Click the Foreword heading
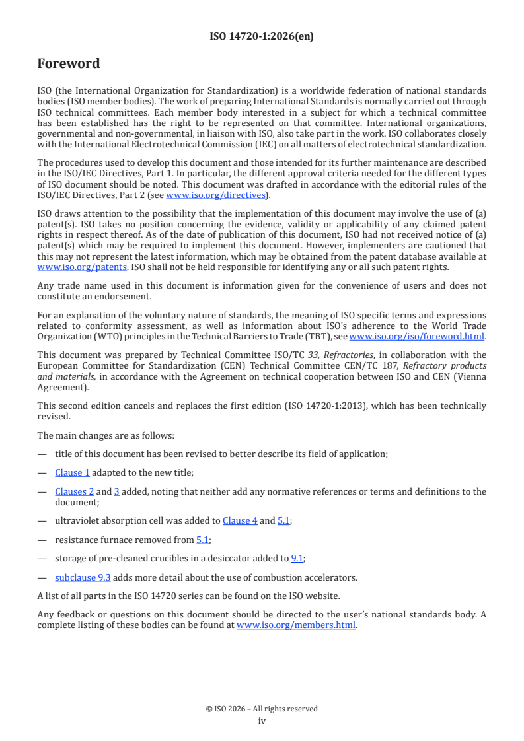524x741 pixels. coord(69,64)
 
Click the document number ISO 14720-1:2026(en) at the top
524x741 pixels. coord(262,36)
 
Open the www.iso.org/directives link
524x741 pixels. coord(215,195)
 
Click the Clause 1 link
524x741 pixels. coord(73,472)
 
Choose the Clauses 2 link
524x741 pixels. coord(75,491)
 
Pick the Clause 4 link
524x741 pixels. coord(240,520)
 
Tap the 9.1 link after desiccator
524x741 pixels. coord(297,558)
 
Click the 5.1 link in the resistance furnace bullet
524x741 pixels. coord(203,540)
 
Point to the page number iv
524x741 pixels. coord(262,721)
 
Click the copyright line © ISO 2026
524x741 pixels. coord(262,709)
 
